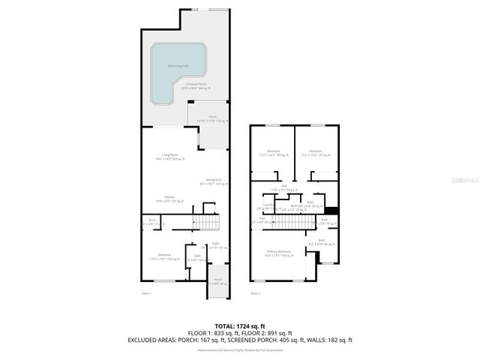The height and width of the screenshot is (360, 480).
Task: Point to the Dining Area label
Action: click(x=214, y=180)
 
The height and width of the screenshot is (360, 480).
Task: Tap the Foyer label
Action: click(x=215, y=244)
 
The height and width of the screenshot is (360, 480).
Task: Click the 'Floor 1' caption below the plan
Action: click(x=147, y=293)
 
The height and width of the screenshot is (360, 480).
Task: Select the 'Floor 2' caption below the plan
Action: click(x=256, y=293)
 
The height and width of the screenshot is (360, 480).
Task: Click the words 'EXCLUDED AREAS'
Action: click(x=154, y=340)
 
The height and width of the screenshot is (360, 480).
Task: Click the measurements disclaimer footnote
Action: click(x=241, y=349)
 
